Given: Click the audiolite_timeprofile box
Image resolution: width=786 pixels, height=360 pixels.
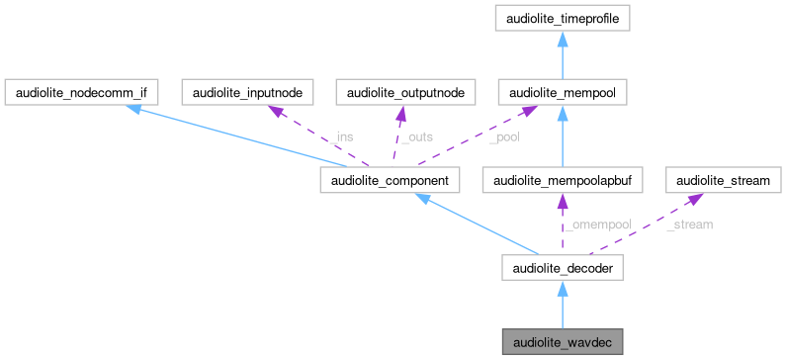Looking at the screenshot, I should tap(562, 18).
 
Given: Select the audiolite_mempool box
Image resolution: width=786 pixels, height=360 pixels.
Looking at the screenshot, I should tap(562, 93).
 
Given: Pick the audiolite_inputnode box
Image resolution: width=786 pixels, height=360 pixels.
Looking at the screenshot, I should tap(248, 93).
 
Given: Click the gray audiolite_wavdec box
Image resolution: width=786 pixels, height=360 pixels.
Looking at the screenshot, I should tap(562, 341).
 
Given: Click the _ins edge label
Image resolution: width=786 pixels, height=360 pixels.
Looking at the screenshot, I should tap(340, 137).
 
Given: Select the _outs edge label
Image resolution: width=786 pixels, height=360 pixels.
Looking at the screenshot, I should tap(415, 137).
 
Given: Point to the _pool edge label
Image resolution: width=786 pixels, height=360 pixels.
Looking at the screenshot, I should tap(504, 137).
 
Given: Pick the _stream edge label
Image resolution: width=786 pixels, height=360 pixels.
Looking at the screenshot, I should tap(689, 225).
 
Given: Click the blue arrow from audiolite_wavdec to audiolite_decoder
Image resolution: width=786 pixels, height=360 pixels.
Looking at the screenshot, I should tap(562, 307).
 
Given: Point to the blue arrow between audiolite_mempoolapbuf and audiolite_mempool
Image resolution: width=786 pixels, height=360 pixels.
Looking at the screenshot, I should tap(562, 138).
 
